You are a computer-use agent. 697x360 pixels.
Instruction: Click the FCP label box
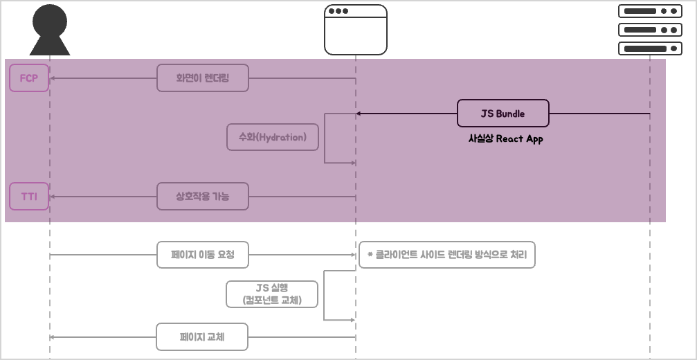(29, 78)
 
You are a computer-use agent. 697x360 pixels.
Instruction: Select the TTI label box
(29, 197)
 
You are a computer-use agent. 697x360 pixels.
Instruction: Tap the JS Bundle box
(503, 114)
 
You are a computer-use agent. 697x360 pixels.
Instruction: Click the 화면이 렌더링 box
(202, 78)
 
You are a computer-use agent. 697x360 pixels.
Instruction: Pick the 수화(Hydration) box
(273, 137)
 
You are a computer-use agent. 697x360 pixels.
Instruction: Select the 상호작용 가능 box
(202, 197)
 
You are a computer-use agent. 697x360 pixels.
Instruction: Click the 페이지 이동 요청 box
(202, 255)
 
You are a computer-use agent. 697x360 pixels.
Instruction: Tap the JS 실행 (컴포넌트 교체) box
(272, 294)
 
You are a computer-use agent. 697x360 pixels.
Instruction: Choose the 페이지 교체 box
(201, 337)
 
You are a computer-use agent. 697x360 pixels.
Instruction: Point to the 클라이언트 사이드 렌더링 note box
(447, 255)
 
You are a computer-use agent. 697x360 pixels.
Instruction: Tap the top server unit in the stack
(649, 11)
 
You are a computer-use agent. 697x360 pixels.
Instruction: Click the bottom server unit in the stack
(649, 48)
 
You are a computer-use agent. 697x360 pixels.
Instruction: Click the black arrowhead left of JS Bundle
(359, 114)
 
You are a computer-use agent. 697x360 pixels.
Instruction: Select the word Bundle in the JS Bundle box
(511, 114)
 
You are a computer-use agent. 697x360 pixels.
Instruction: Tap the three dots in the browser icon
(338, 11)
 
